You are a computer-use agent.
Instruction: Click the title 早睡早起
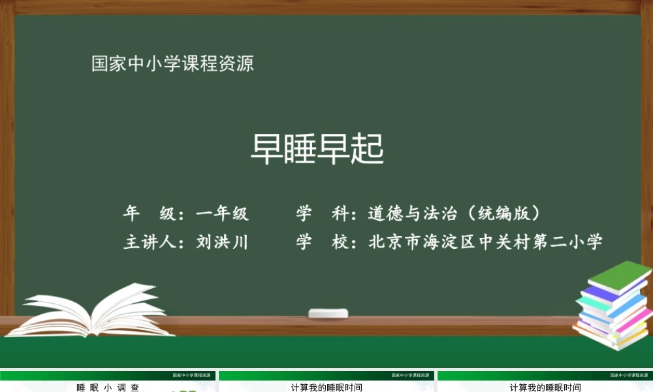click(x=317, y=149)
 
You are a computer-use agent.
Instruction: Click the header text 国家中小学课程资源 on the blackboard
click(x=172, y=64)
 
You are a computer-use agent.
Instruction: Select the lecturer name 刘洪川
click(x=222, y=242)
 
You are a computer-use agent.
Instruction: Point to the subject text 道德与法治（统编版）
click(x=454, y=213)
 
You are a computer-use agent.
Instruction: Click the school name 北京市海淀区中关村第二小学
click(x=485, y=242)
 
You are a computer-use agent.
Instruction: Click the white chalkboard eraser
click(x=328, y=313)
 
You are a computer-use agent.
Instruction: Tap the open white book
click(x=91, y=312)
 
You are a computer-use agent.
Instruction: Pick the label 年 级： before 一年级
click(x=156, y=213)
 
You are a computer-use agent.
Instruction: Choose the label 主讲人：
click(x=156, y=242)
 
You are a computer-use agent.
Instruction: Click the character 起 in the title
click(x=367, y=149)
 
